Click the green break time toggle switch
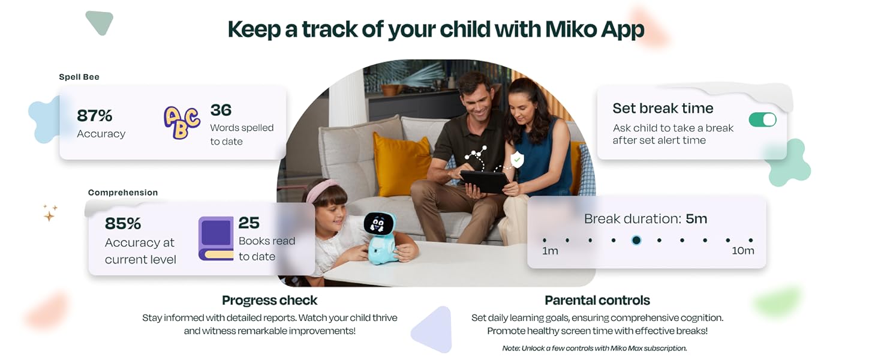coord(762,119)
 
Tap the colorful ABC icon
coord(182,122)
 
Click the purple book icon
coord(216,238)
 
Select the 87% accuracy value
coord(95,115)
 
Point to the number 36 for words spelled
coord(221,110)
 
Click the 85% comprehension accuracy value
coord(123,223)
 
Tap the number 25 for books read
coord(249,223)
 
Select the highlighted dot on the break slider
coord(636,240)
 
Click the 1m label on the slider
coord(550,251)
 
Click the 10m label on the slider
coord(742,251)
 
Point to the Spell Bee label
coord(79,77)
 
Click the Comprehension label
coord(123,193)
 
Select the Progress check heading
coord(269,300)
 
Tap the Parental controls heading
coord(597,300)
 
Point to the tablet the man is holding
coord(484,181)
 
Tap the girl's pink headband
coord(321,190)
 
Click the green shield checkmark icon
coord(516,159)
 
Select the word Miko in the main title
coord(569,29)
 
